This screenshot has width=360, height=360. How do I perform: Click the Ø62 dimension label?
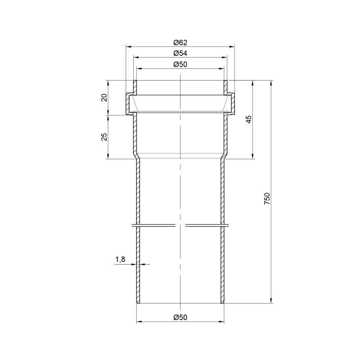[x=180, y=42]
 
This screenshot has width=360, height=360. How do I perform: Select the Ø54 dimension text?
[x=180, y=53]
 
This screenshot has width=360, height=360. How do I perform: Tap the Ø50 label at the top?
[x=180, y=64]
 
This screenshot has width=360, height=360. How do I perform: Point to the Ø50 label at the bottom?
[x=180, y=317]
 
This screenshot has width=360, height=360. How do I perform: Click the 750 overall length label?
[x=267, y=199]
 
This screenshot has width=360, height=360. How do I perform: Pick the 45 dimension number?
[x=249, y=119]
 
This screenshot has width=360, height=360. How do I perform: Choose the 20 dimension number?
[x=104, y=98]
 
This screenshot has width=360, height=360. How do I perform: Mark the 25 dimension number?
[x=104, y=137]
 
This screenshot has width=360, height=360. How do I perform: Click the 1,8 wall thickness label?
[x=120, y=260]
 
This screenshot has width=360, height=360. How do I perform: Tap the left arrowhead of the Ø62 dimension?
[x=128, y=47]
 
